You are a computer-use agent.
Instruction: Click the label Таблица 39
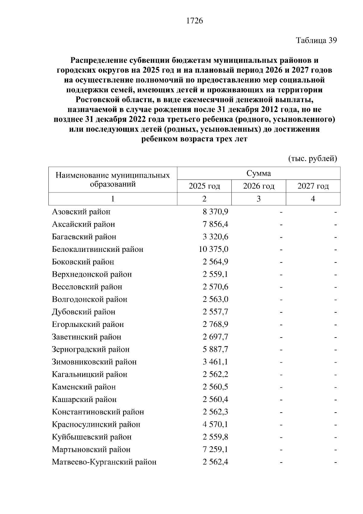pos(316,40)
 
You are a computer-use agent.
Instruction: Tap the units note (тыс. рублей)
pos(312,158)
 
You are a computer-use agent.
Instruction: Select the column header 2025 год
pos(204,186)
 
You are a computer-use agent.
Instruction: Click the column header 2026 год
pos(259,186)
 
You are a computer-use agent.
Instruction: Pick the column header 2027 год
pos(313,186)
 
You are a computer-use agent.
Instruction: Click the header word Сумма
pos(259,173)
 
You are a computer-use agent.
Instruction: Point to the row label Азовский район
pos(81,212)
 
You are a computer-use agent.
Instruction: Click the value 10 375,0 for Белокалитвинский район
pos(214,249)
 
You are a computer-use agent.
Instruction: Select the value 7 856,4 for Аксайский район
pos(215,224)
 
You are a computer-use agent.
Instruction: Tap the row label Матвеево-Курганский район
pos(104,462)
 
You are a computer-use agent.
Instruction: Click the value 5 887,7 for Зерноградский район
pos(215,349)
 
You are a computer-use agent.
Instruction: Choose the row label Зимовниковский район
pos(94,362)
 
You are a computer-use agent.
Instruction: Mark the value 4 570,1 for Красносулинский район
pos(215,424)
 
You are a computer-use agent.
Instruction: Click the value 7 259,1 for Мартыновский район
pos(215,450)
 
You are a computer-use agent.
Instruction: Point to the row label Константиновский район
pos(98,412)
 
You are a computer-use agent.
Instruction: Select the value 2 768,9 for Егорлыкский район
pos(215,324)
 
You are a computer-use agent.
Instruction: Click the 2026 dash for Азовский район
pos(281,212)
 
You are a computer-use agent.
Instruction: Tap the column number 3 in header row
pos(259,199)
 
